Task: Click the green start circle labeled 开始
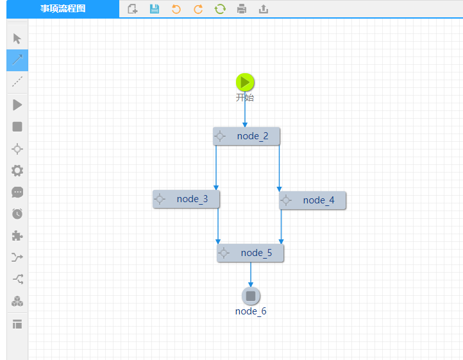245,82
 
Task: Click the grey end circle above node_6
251,296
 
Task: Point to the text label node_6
251,311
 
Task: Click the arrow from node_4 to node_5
281,227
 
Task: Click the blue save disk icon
154,9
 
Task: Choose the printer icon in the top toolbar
242,9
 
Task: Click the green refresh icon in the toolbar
220,9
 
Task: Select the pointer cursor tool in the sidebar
17,39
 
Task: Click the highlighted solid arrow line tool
17,60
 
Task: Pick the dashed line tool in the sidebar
17,81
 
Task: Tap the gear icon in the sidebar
17,171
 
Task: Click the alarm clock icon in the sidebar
17,214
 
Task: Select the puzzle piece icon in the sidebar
17,236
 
